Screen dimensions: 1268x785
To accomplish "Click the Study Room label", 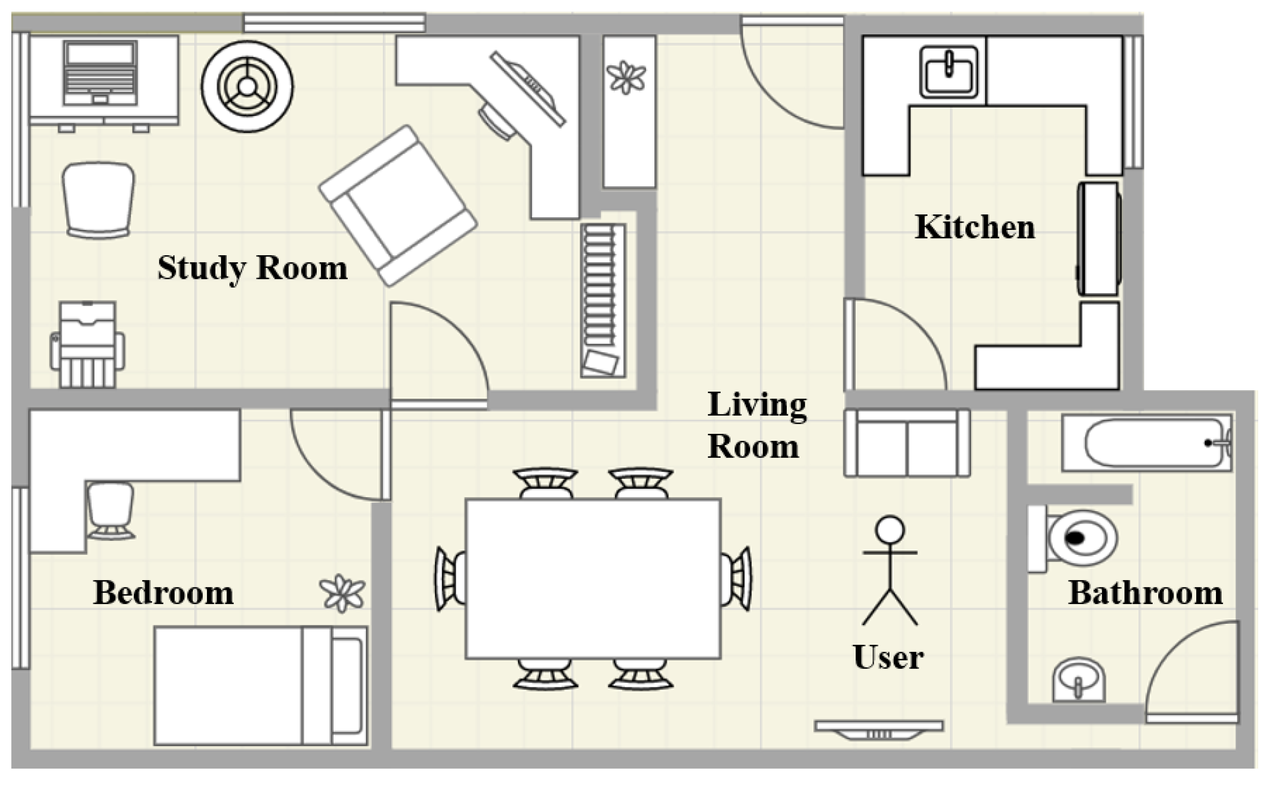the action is [253, 269].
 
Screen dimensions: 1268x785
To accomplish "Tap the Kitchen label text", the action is [975, 227].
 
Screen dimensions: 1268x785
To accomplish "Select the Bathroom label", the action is [1145, 593].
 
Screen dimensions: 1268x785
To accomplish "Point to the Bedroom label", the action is [163, 593].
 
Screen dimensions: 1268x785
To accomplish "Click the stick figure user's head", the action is [889, 530].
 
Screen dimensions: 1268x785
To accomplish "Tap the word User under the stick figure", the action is [888, 657].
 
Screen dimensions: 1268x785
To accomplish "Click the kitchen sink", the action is [948, 72].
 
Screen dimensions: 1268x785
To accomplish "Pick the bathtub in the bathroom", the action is [1147, 443].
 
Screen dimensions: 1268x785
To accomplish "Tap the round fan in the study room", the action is [247, 87].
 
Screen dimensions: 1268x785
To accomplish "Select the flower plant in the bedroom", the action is [343, 593].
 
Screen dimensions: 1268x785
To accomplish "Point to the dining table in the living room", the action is [593, 579].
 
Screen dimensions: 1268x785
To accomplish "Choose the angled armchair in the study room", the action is [398, 206].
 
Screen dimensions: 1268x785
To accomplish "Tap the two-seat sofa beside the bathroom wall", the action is [907, 443].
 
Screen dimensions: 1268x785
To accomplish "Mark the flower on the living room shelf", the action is [627, 77].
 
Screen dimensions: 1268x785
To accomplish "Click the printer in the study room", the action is [87, 344].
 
